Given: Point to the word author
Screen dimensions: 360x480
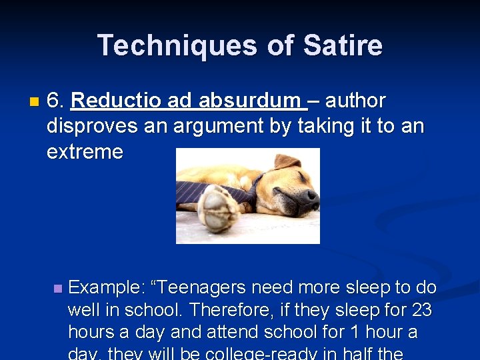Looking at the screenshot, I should pyautogui.click(x=355, y=101).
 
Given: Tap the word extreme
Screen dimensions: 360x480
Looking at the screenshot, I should pyautogui.click(x=85, y=151).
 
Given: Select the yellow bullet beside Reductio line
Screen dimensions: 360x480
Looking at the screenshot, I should pyautogui.click(x=35, y=102).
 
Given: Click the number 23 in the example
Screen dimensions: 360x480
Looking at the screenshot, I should pyautogui.click(x=421, y=311).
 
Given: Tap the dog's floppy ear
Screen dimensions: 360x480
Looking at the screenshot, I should pyautogui.click(x=287, y=162).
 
